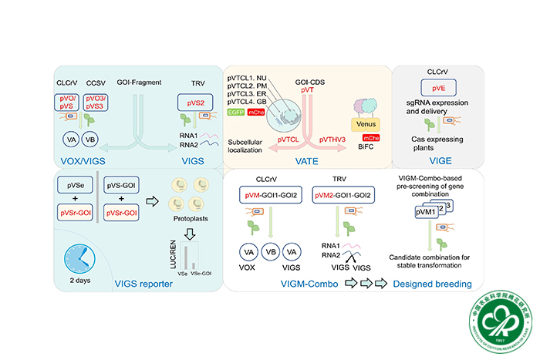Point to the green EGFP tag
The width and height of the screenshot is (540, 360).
(238, 113)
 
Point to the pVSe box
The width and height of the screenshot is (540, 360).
(75, 186)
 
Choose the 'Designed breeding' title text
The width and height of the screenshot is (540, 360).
(432, 284)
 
